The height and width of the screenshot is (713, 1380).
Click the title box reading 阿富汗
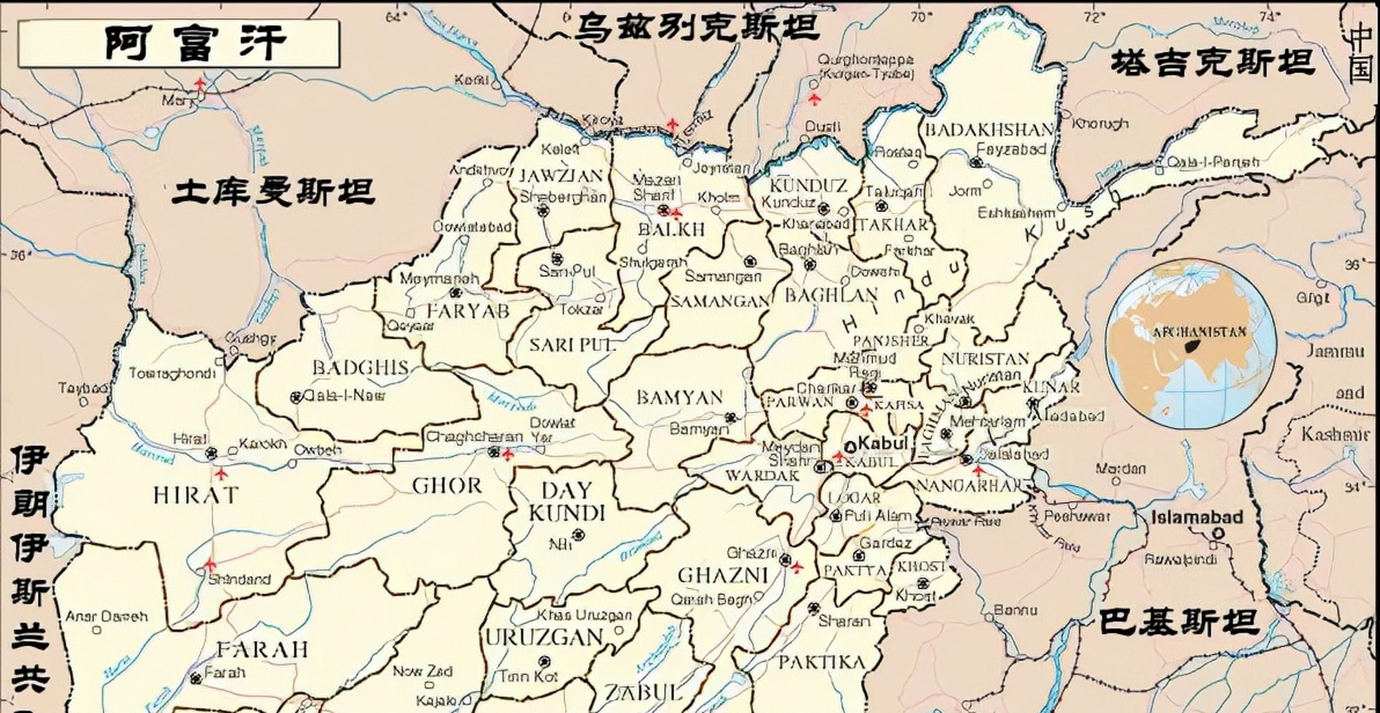(x=178, y=43)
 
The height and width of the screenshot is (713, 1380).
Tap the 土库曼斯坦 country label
(x=273, y=192)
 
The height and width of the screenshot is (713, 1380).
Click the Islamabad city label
(x=1197, y=517)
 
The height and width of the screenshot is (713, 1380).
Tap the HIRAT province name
(x=196, y=495)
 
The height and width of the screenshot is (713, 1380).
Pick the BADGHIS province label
(x=360, y=368)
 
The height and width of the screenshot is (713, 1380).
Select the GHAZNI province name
(x=723, y=575)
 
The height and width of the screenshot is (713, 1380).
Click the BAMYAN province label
(x=679, y=397)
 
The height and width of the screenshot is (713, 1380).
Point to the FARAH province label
(x=262, y=649)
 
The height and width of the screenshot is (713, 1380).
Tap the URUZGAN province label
(x=544, y=637)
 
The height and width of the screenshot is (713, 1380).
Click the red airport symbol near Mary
(x=200, y=85)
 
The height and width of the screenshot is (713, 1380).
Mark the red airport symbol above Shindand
(x=209, y=565)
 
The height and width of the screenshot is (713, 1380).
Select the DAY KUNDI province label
(x=566, y=501)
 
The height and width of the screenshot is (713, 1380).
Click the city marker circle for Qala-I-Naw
(x=296, y=397)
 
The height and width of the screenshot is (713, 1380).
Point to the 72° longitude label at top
(x=1093, y=17)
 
